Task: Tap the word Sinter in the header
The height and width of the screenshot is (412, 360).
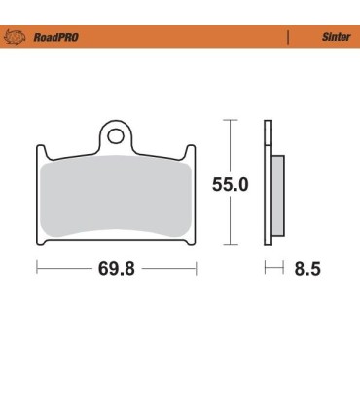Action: tap(336, 38)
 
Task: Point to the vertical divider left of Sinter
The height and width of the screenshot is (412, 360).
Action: tap(289, 38)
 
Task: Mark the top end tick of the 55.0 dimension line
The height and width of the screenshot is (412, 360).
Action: tap(230, 121)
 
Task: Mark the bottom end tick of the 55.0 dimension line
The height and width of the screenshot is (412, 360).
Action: tap(230, 243)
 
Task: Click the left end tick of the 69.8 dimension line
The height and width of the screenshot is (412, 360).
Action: tap(37, 266)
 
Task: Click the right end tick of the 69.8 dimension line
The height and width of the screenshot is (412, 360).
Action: tap(197, 266)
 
